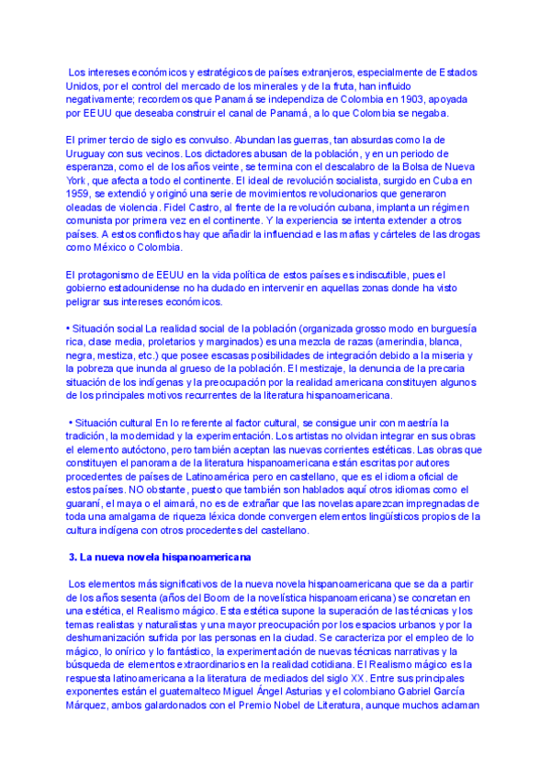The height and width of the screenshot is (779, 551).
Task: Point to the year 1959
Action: pyautogui.click(x=81, y=194)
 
